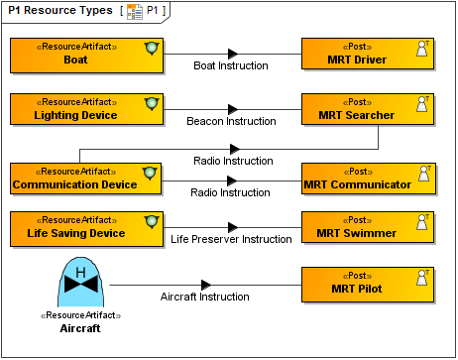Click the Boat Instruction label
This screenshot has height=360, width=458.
click(230, 66)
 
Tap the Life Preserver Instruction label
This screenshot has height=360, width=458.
click(230, 240)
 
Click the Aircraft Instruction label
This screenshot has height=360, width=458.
click(204, 297)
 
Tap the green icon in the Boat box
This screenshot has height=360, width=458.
click(151, 48)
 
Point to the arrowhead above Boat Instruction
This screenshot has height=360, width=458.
click(233, 54)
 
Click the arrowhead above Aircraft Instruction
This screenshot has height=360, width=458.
click(206, 285)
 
